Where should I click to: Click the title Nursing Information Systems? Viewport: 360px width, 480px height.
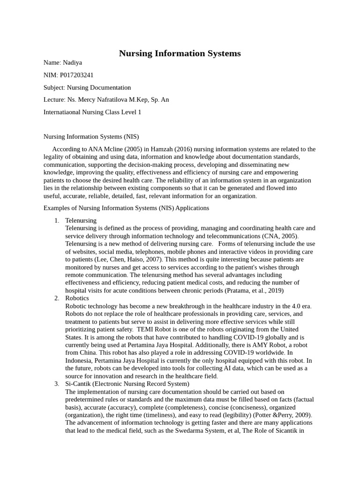(180, 53)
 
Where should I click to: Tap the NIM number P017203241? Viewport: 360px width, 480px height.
(80, 75)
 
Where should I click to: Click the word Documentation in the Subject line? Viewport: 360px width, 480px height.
(112, 88)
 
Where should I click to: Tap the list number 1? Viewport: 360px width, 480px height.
(56, 220)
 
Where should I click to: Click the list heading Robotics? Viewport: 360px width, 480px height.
(77, 298)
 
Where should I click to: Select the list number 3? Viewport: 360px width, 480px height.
(56, 384)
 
